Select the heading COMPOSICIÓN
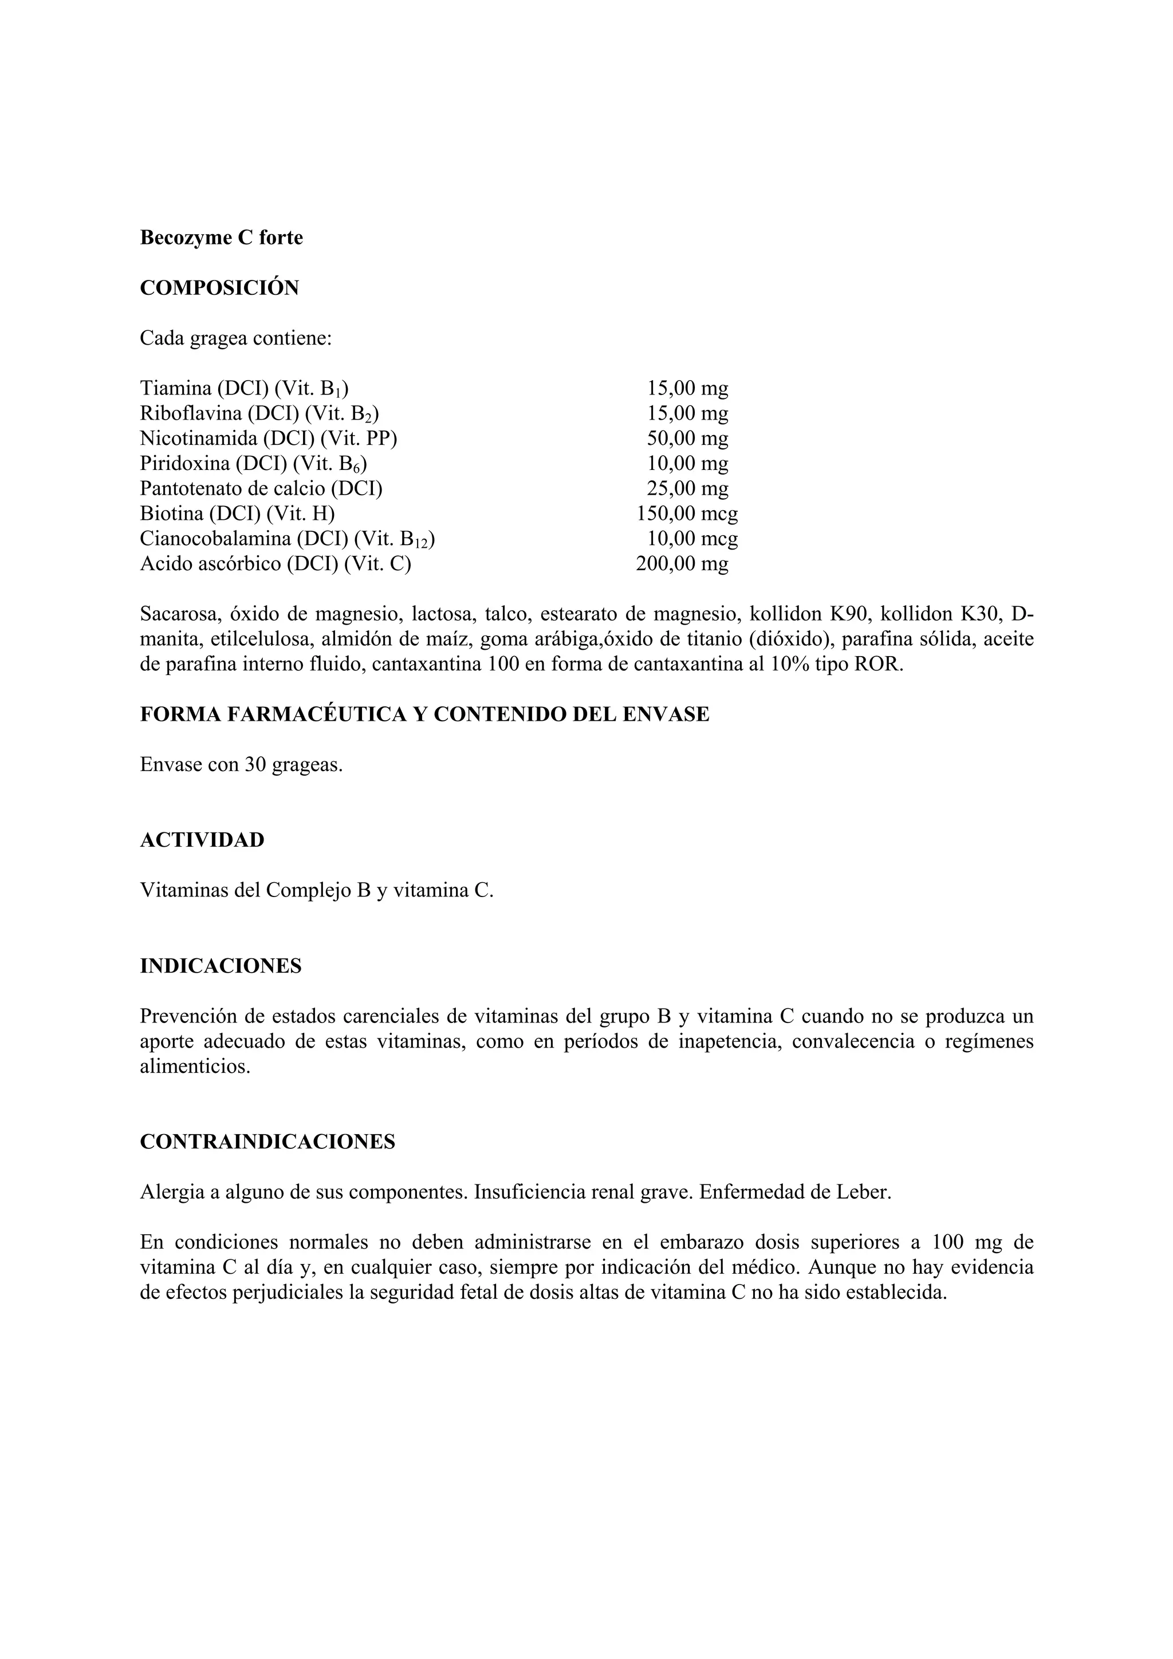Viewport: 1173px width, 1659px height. coord(219,289)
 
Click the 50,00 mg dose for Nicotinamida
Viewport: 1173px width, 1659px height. coord(687,439)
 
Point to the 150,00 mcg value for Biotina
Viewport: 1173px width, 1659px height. coord(687,513)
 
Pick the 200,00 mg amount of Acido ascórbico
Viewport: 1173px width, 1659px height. coord(682,564)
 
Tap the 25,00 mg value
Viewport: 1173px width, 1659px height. coord(687,488)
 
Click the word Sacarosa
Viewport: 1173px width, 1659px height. coord(179,614)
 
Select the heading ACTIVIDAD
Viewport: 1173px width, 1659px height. coord(202,840)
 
